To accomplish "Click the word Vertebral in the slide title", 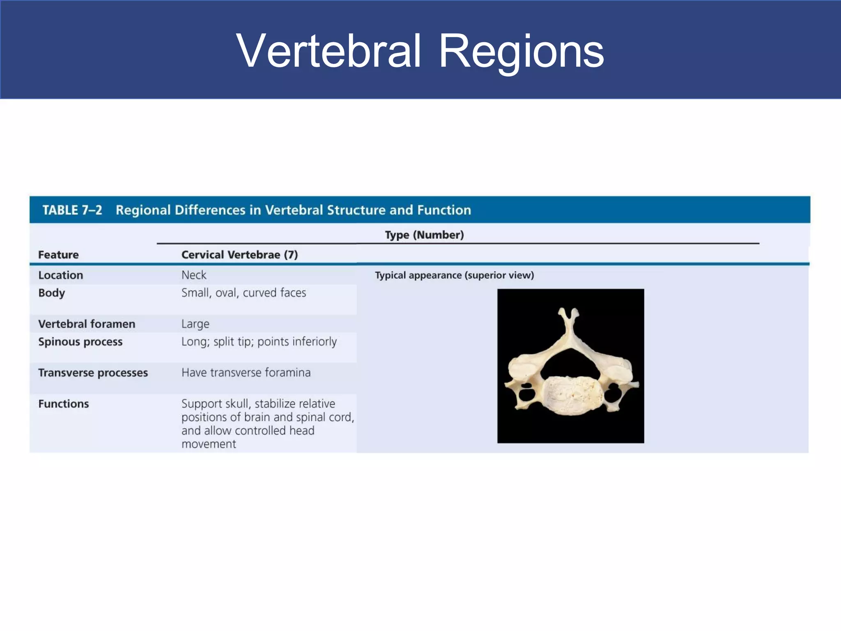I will click(x=329, y=51).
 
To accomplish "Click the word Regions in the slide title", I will click(x=521, y=51).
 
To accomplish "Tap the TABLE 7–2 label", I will click(x=72, y=210).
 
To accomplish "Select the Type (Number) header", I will click(x=424, y=235).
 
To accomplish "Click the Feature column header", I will click(x=58, y=255).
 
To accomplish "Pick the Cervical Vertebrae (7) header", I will click(x=239, y=255).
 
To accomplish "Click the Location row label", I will click(x=60, y=275).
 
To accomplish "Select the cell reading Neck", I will click(x=194, y=275).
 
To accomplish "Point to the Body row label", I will click(x=51, y=293).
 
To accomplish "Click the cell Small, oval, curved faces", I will click(x=244, y=293).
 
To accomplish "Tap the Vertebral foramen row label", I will click(x=87, y=324).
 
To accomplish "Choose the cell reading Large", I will click(x=195, y=324).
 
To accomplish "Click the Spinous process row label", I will click(x=80, y=342).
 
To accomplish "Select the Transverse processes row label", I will click(x=93, y=373).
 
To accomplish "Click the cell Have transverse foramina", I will click(x=246, y=373).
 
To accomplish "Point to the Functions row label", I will click(x=63, y=404).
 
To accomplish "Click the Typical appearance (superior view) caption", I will click(x=454, y=275).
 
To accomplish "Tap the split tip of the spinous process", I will click(x=568, y=314).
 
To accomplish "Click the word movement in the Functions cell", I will click(x=209, y=444).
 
